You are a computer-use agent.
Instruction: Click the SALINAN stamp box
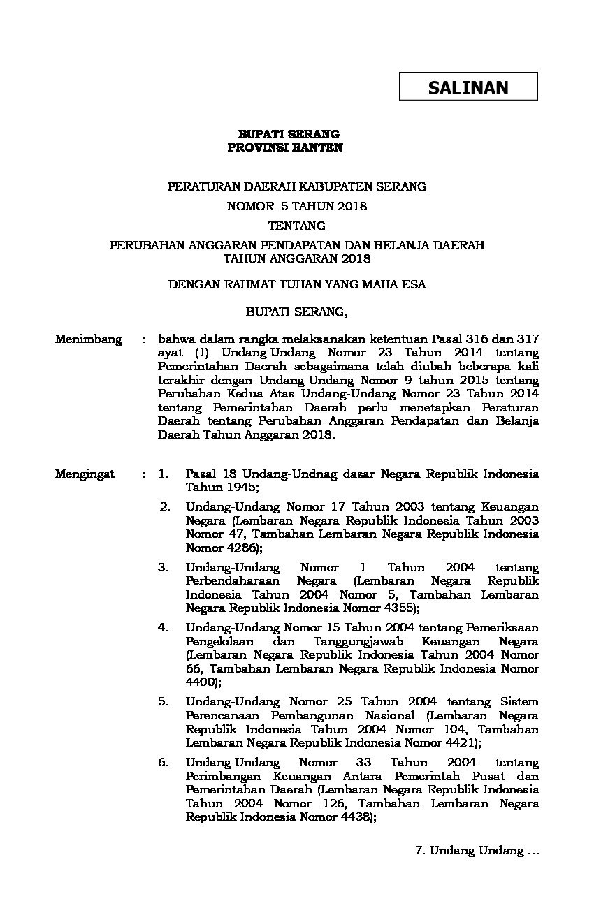(468, 87)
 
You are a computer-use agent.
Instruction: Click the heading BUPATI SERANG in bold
(289, 134)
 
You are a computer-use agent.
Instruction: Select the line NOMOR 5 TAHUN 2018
(296, 206)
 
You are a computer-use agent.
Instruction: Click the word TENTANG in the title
(297, 226)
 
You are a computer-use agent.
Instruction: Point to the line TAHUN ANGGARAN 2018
(296, 258)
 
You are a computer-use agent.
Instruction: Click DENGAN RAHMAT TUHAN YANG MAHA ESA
(297, 284)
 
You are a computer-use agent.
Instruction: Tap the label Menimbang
(89, 339)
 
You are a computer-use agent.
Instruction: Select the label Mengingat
(85, 474)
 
